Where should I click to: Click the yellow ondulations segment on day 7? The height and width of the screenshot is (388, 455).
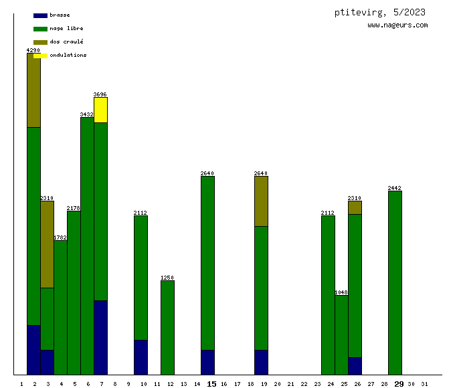(x=100, y=110)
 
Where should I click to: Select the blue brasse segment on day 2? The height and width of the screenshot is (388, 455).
(x=33, y=349)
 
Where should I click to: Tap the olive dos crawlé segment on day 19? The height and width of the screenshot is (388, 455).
(x=261, y=201)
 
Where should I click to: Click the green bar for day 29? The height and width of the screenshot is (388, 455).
(x=395, y=282)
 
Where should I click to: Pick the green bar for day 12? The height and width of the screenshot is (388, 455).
(x=167, y=327)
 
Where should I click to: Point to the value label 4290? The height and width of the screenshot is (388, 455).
(x=33, y=50)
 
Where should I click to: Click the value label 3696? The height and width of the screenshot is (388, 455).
(x=100, y=94)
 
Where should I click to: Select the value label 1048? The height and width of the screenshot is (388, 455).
(x=341, y=292)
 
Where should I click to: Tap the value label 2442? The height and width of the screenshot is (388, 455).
(x=395, y=188)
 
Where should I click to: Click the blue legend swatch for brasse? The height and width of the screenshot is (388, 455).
(x=40, y=15)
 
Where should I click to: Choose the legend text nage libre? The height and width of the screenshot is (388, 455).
(x=66, y=28)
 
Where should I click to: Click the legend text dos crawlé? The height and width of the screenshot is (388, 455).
(x=66, y=41)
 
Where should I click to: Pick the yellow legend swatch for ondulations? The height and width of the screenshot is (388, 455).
(x=40, y=56)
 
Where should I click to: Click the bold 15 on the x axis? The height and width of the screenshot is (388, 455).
(x=211, y=384)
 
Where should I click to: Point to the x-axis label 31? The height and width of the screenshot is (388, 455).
(x=424, y=384)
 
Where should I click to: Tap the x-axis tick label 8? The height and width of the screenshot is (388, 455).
(x=115, y=384)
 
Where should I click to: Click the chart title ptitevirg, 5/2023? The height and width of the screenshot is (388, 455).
(x=379, y=12)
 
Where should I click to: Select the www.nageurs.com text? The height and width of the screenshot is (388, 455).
(x=397, y=25)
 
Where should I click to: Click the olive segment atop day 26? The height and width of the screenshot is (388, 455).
(x=355, y=207)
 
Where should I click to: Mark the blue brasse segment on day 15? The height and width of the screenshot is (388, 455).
(x=207, y=362)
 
